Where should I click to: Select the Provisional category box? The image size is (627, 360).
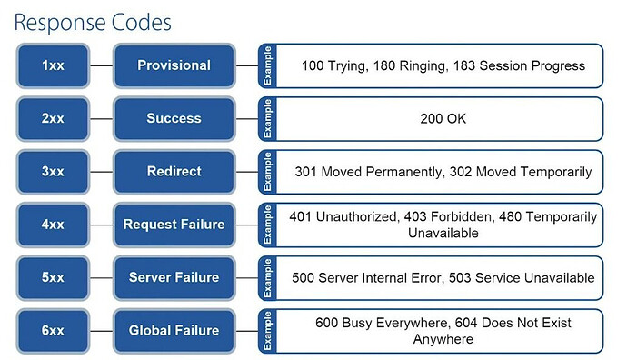pyautogui.click(x=174, y=65)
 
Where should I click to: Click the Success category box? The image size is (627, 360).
pyautogui.click(x=174, y=118)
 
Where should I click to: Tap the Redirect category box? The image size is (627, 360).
pyautogui.click(x=174, y=171)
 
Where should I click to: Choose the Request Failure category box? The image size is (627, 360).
pyautogui.click(x=174, y=225)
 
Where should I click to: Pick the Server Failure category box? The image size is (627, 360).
pyautogui.click(x=174, y=277)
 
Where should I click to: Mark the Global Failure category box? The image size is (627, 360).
pyautogui.click(x=174, y=330)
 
